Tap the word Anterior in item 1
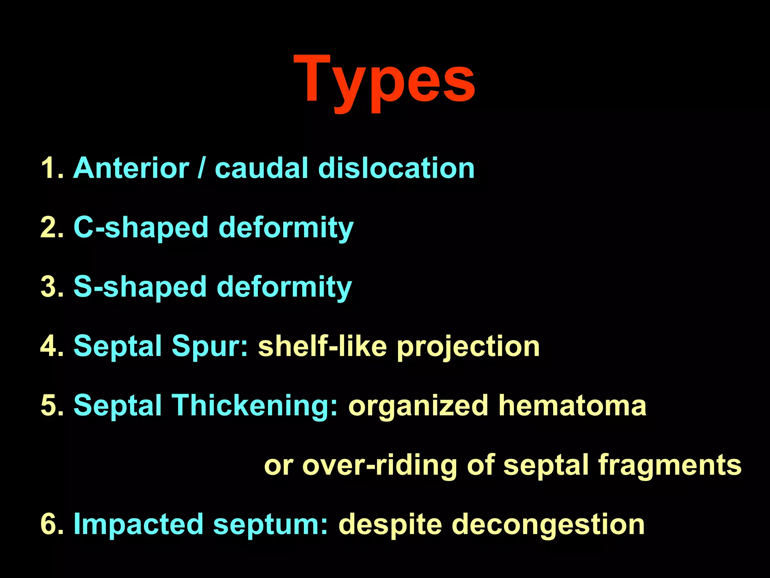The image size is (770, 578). click(131, 168)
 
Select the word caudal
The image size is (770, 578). click(261, 168)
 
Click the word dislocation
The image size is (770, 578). click(396, 168)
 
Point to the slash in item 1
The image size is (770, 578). click(202, 168)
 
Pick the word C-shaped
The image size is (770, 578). click(141, 228)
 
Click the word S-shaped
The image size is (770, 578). click(140, 287)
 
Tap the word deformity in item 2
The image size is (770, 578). click(286, 228)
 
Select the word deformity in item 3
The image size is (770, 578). click(284, 287)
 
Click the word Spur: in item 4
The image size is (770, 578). click(210, 346)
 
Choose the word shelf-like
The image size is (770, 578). click(322, 346)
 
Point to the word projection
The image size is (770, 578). click(468, 346)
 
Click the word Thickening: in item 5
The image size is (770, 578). click(255, 406)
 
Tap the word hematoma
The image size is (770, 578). click(572, 406)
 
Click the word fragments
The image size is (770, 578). click(670, 465)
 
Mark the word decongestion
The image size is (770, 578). click(548, 524)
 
